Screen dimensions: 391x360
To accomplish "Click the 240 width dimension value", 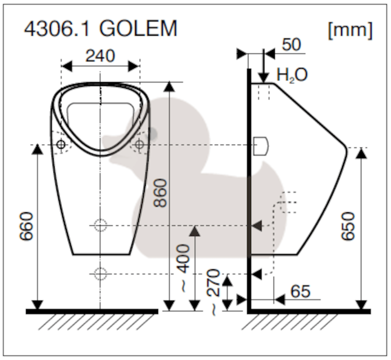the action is coord(100,56).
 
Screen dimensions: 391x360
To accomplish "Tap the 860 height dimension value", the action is coord(160,193).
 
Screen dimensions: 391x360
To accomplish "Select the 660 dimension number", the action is coord(26,226).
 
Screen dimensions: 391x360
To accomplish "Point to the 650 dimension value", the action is coord(348,226).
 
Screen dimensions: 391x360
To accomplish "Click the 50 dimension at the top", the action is coord(292,45).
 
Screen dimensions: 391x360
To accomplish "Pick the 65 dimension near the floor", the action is coord(300,291).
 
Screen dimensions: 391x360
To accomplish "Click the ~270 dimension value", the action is coord(213,292).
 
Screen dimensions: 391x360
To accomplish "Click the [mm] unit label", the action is coord(350,30).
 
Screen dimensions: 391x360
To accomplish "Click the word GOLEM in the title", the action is coord(138,28).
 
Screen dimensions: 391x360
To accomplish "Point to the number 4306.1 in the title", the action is coord(57,28).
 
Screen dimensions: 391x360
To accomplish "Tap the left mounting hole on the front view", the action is coord(61,144).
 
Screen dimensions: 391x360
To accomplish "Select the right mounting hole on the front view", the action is coord(139,144).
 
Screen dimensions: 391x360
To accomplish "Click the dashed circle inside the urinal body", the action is coord(100,226).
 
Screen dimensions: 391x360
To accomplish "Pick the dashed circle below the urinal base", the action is coord(100,274).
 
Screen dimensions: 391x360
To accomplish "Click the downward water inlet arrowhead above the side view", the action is coord(264,77).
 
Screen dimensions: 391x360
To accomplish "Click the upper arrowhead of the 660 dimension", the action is coord(37,149).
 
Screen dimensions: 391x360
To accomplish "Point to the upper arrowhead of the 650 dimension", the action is coord(361,153).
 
